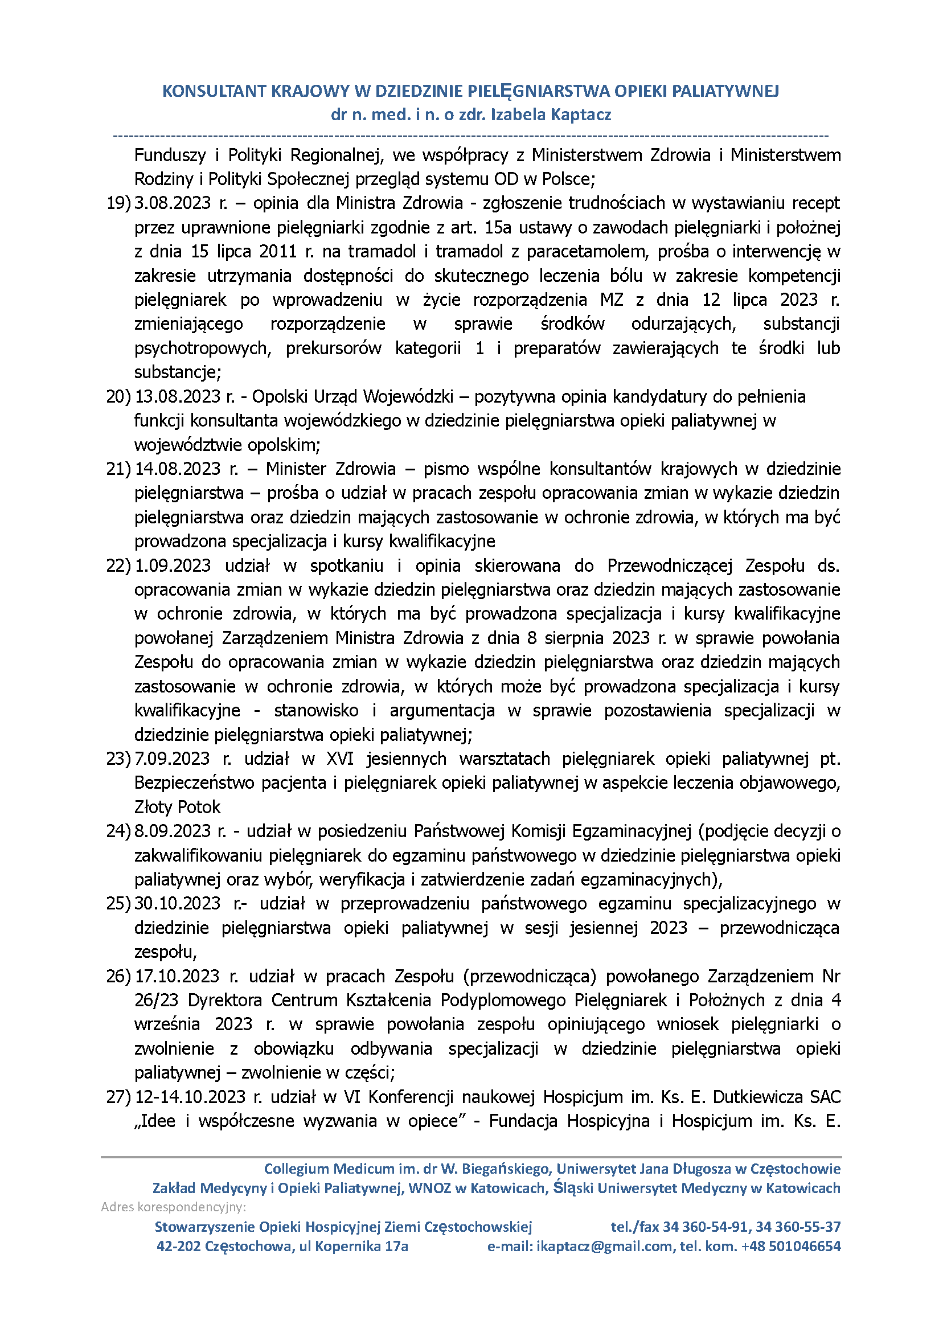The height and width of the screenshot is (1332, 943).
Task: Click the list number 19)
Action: point(118,203)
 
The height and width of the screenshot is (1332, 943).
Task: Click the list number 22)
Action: point(118,565)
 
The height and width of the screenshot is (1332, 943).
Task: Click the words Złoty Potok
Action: point(177,807)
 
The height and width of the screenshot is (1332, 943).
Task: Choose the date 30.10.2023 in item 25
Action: point(178,904)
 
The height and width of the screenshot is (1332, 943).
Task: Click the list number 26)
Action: point(118,976)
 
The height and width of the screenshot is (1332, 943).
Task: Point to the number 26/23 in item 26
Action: point(154,1001)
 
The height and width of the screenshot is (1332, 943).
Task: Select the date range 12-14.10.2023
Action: point(190,1097)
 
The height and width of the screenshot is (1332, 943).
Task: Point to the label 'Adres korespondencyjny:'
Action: point(173,1207)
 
